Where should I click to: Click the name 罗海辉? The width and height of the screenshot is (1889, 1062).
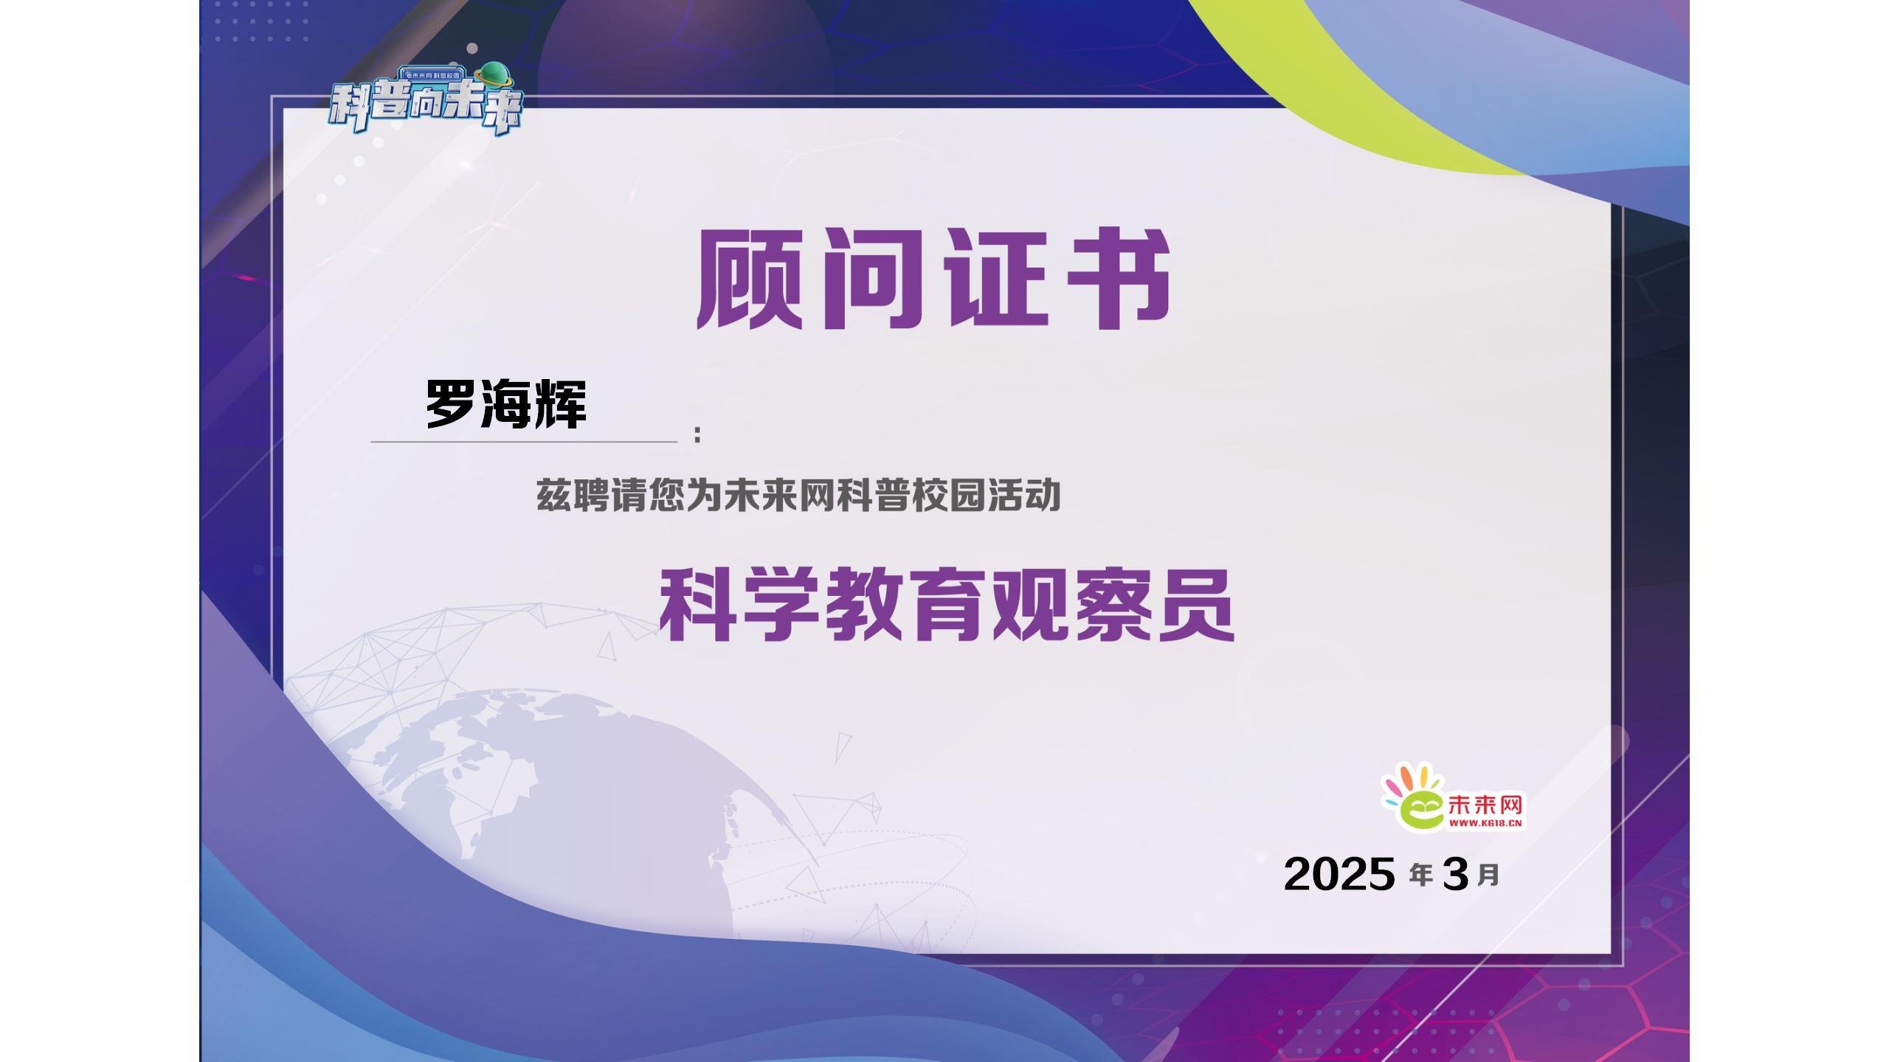click(x=506, y=404)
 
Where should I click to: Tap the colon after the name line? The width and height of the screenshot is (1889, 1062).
click(x=697, y=434)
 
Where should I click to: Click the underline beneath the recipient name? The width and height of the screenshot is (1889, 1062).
click(x=524, y=442)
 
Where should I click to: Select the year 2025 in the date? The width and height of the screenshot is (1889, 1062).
click(x=1339, y=874)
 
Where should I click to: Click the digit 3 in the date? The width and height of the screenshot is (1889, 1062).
click(x=1454, y=874)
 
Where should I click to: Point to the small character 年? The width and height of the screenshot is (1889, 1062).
click(x=1421, y=875)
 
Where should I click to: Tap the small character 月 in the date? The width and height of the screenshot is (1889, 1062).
click(x=1488, y=875)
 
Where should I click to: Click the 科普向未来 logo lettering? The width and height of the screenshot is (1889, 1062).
click(x=425, y=108)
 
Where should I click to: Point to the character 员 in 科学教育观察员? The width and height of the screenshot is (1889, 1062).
click(x=1196, y=605)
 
